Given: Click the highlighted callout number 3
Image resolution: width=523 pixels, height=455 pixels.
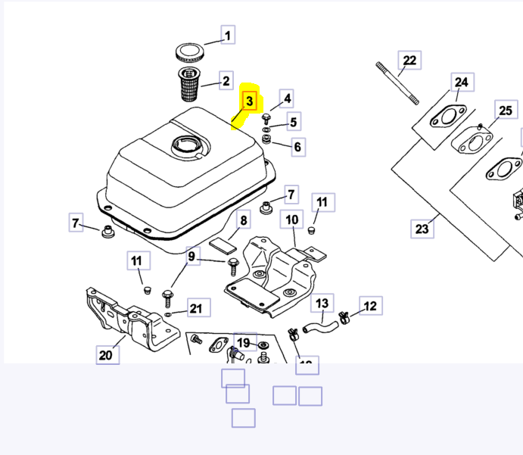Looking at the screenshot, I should point(250,101).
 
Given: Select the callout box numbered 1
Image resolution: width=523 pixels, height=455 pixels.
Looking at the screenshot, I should point(228,35).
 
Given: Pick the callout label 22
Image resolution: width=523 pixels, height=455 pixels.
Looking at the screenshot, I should point(409,61).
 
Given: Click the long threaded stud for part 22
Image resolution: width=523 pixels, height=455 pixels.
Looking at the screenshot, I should point(396,83).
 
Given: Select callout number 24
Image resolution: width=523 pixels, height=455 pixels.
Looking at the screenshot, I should point(461,83).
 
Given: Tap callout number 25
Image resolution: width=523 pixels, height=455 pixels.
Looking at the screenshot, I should point(505,111).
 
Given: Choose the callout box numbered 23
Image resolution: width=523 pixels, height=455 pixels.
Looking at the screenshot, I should point(422,228).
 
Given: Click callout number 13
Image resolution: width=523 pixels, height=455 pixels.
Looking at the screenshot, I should point(322,304).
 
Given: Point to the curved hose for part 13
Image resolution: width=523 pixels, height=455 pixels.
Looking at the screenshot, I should point(319,328).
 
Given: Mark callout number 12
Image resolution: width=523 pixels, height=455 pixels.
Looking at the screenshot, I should point(370,306).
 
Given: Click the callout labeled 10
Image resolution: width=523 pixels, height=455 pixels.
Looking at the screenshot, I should point(292,220).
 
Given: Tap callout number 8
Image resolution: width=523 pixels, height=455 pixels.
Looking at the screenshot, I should point(244,222).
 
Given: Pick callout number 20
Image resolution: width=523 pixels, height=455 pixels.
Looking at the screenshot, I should point(106,354).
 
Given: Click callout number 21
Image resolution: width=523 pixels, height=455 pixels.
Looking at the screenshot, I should point(196,308).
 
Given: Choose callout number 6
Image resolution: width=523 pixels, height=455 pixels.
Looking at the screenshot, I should point(297,147).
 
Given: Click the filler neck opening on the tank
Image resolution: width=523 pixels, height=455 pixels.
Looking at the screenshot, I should point(185,143).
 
